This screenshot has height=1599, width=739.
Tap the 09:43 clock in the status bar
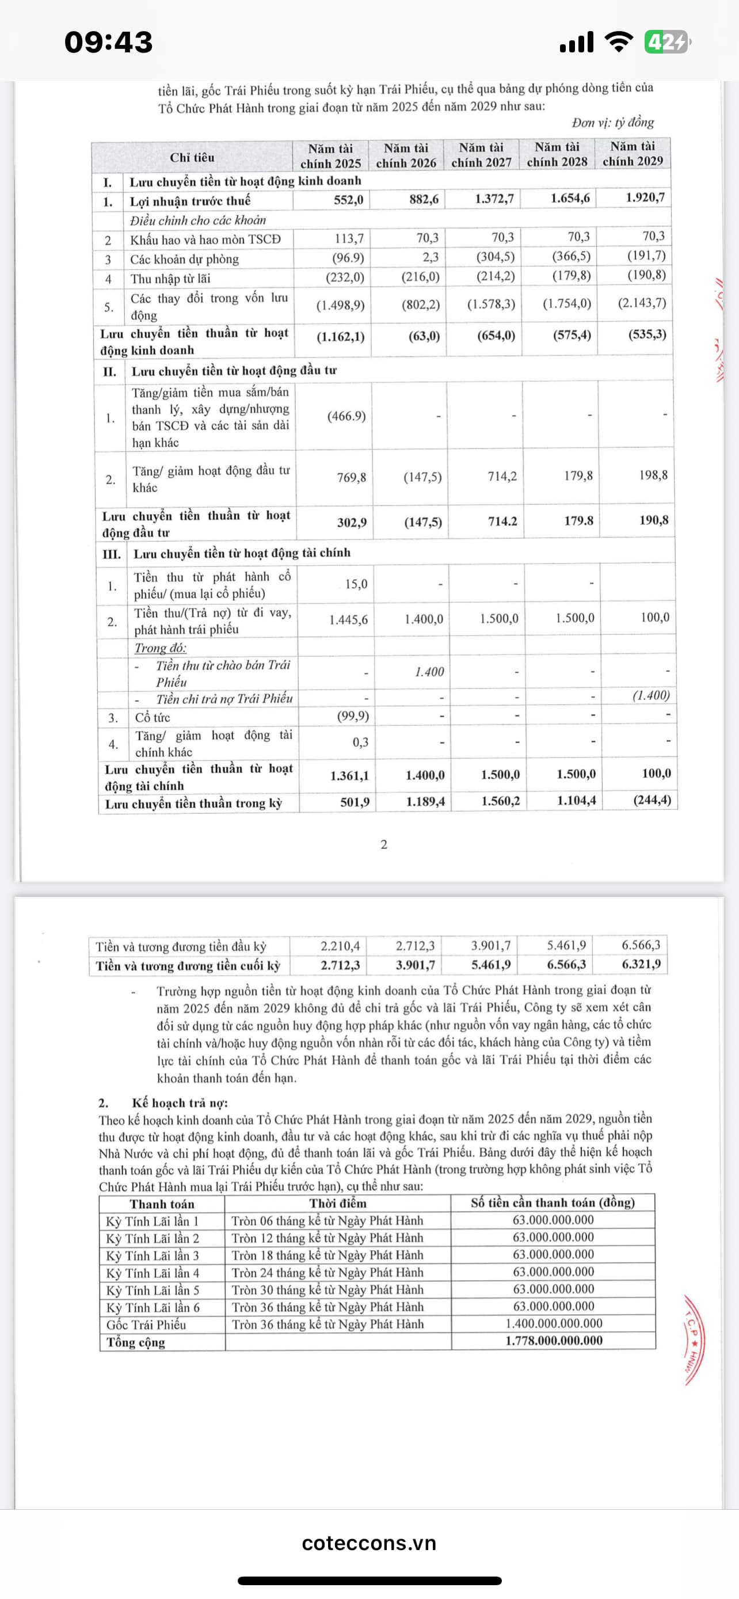pyautogui.click(x=109, y=42)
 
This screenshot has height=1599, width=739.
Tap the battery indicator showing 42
pyautogui.click(x=666, y=42)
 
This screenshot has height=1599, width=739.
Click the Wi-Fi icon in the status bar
pyautogui.click(x=618, y=42)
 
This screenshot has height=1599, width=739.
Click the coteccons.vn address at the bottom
pyautogui.click(x=369, y=1543)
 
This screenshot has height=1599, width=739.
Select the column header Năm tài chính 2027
pyautogui.click(x=482, y=155)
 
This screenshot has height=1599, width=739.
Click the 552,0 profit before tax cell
pyautogui.click(x=349, y=200)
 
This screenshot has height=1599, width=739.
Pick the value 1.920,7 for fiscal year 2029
pyautogui.click(x=645, y=197)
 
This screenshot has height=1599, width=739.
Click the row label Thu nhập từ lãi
pyautogui.click(x=170, y=279)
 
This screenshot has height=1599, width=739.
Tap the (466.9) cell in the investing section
pyautogui.click(x=346, y=416)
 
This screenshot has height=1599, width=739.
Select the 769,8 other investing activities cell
pyautogui.click(x=351, y=477)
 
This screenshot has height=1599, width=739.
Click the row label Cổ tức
pyautogui.click(x=153, y=718)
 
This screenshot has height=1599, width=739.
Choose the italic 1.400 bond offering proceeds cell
pyautogui.click(x=429, y=672)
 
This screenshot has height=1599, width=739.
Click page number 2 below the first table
pyautogui.click(x=384, y=844)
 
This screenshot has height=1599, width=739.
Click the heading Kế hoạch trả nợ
pyautogui.click(x=180, y=1102)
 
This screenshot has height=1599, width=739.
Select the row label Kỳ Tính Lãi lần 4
pyautogui.click(x=153, y=1273)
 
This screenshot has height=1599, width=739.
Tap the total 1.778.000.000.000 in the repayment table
pyautogui.click(x=554, y=1340)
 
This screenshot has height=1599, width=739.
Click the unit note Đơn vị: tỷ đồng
pyautogui.click(x=612, y=122)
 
